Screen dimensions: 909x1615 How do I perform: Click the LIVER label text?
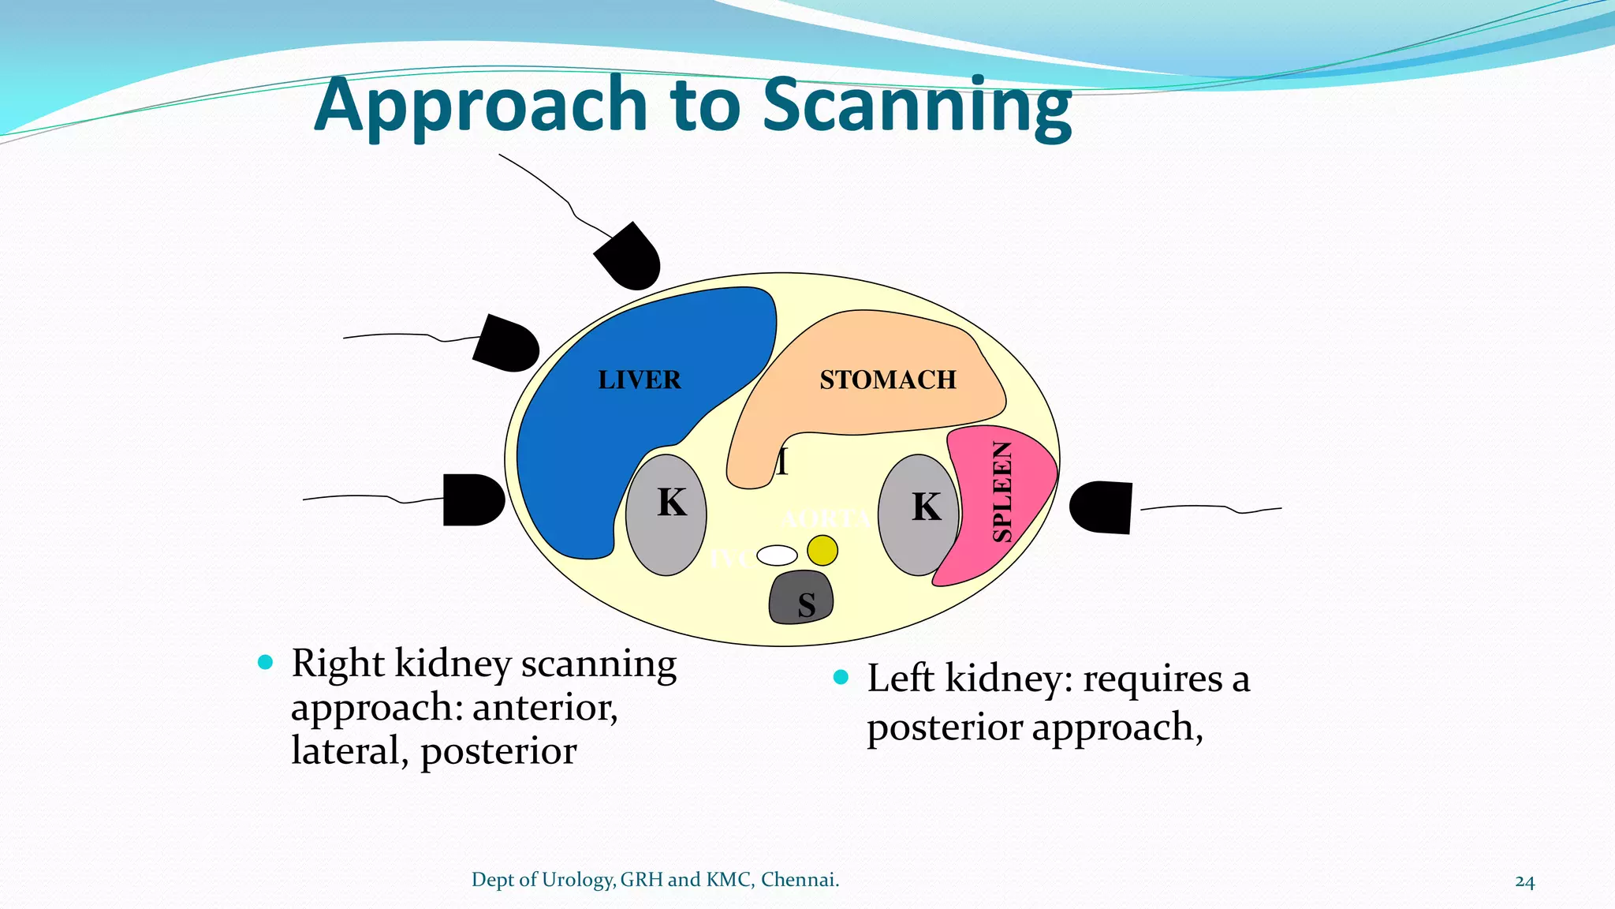click(639, 380)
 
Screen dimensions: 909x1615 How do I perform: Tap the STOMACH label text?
click(887, 380)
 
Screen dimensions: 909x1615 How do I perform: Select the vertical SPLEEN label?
click(1001, 492)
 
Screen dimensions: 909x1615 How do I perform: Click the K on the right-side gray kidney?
click(927, 507)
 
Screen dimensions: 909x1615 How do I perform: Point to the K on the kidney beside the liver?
click(672, 503)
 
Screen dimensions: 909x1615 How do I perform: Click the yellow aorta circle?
click(822, 550)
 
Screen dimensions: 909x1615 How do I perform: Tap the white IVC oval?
click(777, 555)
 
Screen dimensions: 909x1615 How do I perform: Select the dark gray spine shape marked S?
click(801, 597)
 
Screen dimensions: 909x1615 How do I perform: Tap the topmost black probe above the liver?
click(628, 256)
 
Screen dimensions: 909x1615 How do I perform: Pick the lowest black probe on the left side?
click(472, 499)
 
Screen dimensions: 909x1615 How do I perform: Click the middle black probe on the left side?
click(506, 344)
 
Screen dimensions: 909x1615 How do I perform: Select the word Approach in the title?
click(481, 107)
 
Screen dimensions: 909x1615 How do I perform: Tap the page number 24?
click(1524, 881)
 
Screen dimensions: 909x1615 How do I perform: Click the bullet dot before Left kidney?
click(841, 677)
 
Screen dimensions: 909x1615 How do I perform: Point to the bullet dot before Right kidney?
click(265, 662)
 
